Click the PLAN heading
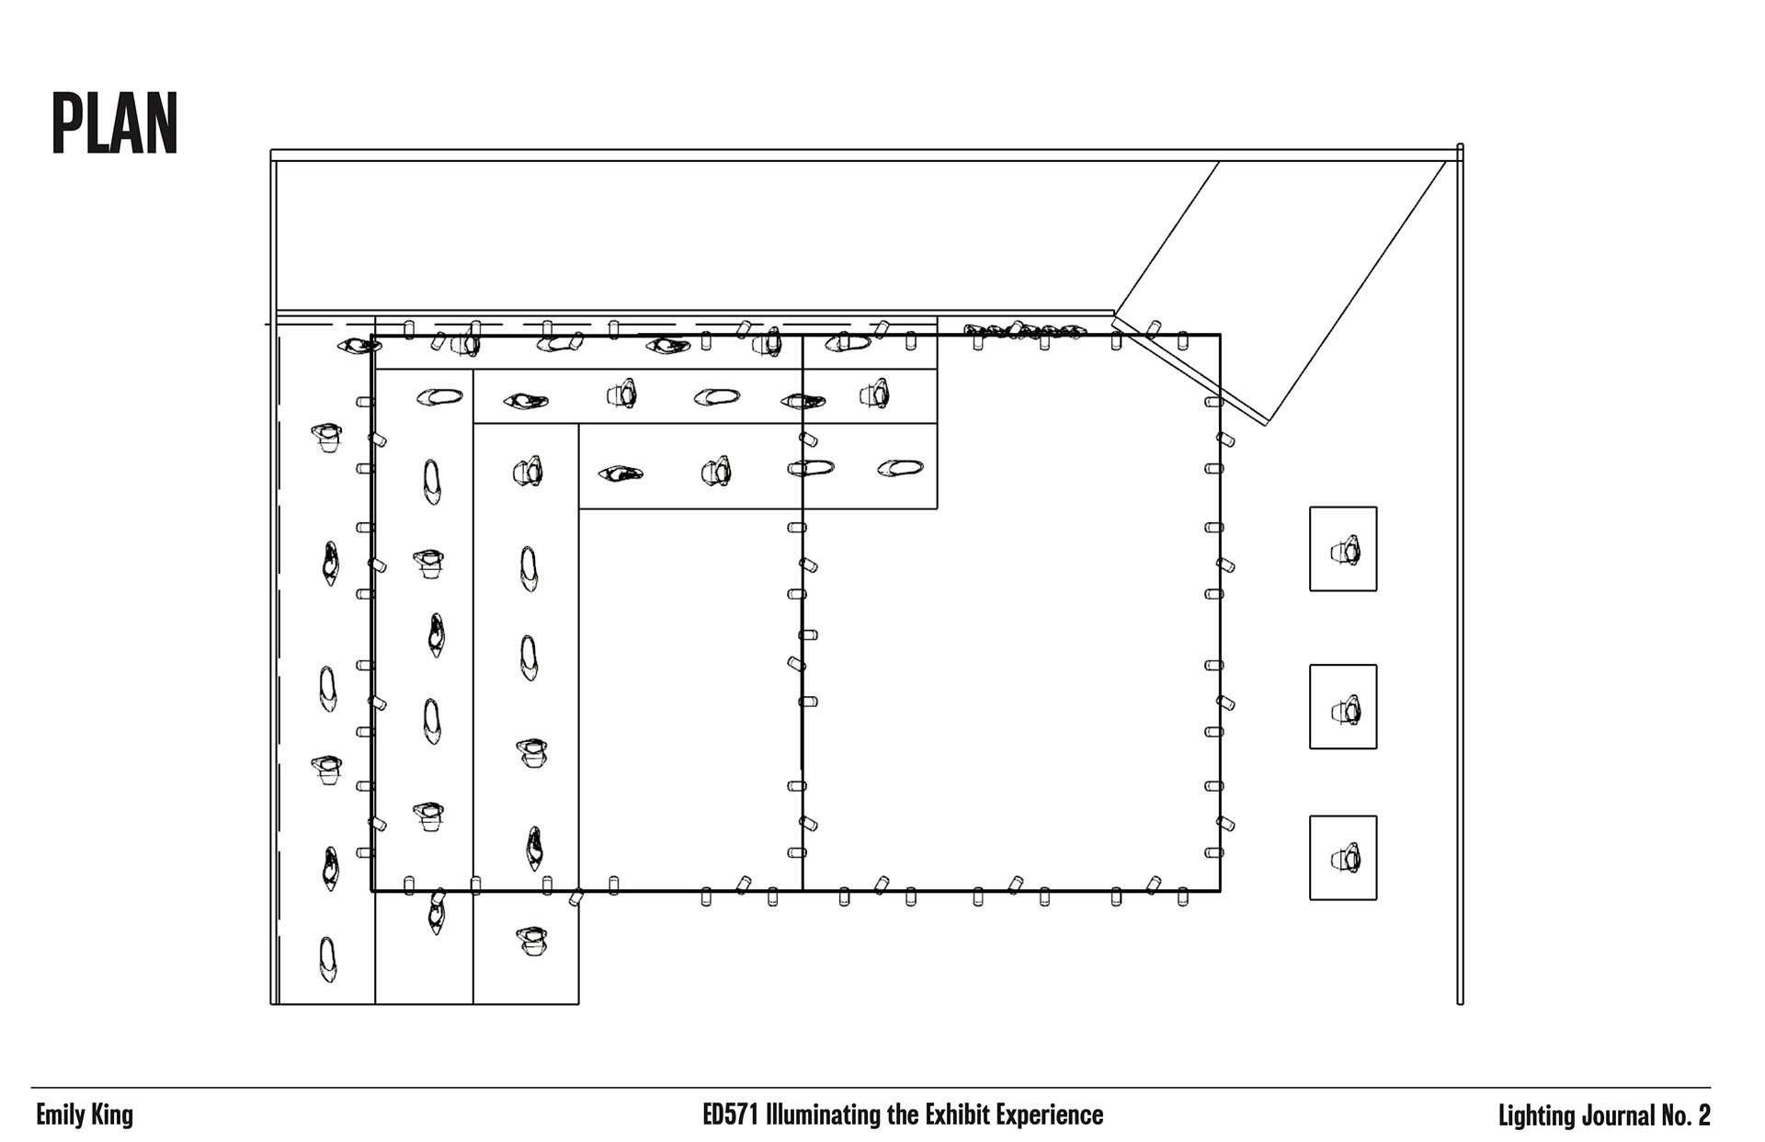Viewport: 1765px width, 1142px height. click(x=114, y=123)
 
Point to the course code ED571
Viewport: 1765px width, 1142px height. click(x=731, y=1115)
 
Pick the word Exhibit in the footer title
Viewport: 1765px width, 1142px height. click(x=956, y=1115)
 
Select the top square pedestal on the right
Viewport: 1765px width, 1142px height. click(x=1343, y=549)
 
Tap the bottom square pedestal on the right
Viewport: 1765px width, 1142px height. click(x=1343, y=857)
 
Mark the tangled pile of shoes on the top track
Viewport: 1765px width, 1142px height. click(x=1025, y=329)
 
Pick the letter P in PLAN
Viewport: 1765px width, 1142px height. click(x=67, y=123)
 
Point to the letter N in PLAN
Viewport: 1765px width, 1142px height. click(x=162, y=123)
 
